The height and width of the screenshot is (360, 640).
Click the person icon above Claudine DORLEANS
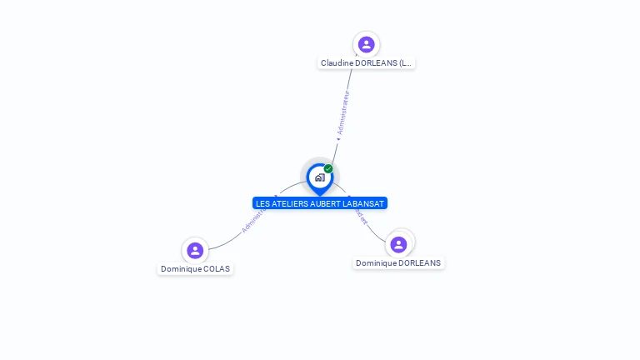pyautogui.click(x=366, y=44)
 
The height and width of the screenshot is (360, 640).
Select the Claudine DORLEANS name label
pyautogui.click(x=366, y=62)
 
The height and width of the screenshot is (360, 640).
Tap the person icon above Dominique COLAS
pyautogui.click(x=195, y=250)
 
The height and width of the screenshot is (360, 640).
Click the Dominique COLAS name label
pyautogui.click(x=195, y=269)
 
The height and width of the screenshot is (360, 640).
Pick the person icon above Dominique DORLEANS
pyautogui.click(x=398, y=244)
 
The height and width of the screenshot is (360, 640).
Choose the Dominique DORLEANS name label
pyautogui.click(x=398, y=263)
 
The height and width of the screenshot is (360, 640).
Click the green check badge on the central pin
pyautogui.click(x=328, y=169)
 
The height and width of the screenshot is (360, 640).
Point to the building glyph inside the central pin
pyautogui.click(x=319, y=177)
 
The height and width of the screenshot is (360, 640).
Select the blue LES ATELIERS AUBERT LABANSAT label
pyautogui.click(x=320, y=203)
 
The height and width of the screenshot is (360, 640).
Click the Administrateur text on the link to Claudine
pyautogui.click(x=342, y=113)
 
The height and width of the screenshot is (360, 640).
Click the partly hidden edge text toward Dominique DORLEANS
pyautogui.click(x=360, y=216)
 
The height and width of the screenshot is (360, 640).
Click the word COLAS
pyautogui.click(x=217, y=269)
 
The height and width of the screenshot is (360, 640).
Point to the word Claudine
pyautogui.click(x=338, y=62)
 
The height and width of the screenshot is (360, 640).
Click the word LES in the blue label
pyautogui.click(x=263, y=203)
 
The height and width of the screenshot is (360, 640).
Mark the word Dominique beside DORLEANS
pyautogui.click(x=377, y=263)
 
